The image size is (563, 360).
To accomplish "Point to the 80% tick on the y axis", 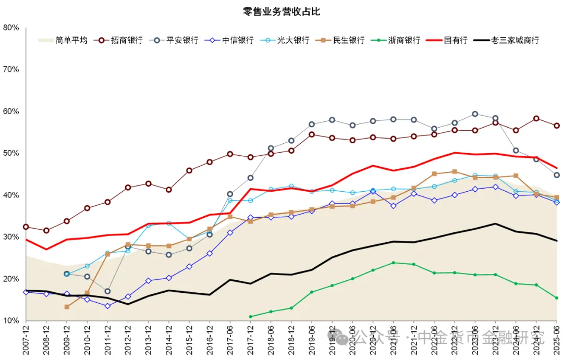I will (x=11, y=28).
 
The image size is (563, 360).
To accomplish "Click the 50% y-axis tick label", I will (x=11, y=153).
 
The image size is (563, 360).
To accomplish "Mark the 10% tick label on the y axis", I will (x=11, y=320).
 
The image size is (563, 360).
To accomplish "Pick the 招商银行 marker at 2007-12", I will (x=26, y=227).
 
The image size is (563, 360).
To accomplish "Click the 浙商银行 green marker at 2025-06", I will (x=557, y=298).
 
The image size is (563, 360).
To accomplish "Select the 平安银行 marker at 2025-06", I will (x=557, y=175).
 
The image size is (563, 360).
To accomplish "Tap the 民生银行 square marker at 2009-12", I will (x=67, y=307).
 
